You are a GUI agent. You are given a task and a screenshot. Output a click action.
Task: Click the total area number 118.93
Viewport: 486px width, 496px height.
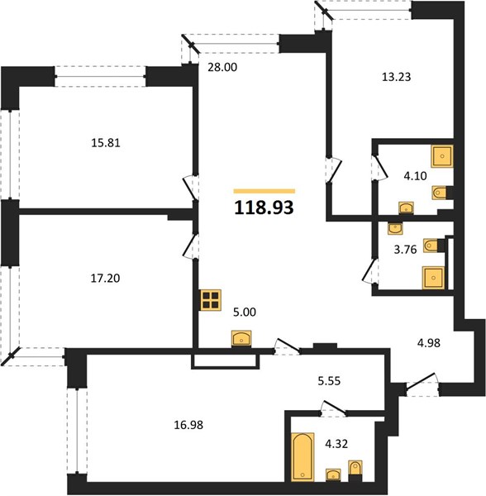point(264,207)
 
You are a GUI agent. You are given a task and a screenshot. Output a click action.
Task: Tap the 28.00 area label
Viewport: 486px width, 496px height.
point(222,67)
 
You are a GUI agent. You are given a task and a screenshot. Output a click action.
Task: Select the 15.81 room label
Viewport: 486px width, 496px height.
point(106,143)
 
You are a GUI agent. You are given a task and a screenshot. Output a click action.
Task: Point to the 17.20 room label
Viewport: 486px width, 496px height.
point(105,279)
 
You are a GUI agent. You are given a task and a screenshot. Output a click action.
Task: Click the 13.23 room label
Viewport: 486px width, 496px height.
point(396,77)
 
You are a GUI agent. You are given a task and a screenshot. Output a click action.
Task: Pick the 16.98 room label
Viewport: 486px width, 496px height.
point(188,425)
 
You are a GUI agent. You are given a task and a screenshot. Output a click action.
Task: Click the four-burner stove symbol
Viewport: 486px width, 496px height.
point(211,300)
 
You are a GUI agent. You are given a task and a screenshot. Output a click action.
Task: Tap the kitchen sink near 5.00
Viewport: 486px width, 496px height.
point(241,339)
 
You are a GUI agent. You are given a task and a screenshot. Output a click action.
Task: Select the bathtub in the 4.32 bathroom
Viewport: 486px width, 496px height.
point(303,457)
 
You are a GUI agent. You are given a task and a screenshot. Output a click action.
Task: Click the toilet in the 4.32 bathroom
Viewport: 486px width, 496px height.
point(355,468)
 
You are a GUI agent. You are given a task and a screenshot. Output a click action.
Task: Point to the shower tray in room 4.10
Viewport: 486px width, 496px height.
point(442,156)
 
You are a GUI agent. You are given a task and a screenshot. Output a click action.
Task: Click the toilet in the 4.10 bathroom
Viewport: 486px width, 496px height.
point(441,193)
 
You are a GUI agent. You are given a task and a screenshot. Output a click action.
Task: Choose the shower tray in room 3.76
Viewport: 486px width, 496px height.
point(433,278)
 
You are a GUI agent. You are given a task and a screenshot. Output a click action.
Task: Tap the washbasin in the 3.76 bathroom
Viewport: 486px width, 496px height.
point(395,228)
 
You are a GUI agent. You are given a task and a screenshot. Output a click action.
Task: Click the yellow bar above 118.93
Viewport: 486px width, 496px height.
point(264,191)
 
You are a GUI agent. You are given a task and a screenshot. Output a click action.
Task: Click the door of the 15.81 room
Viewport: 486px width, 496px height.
point(191,188)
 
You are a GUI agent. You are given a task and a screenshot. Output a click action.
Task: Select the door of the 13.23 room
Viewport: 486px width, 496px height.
point(334,169)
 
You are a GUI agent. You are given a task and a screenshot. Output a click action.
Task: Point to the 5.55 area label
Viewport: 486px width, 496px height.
point(329,381)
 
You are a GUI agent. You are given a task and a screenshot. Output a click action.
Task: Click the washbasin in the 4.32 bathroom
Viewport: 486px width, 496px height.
point(333,475)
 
